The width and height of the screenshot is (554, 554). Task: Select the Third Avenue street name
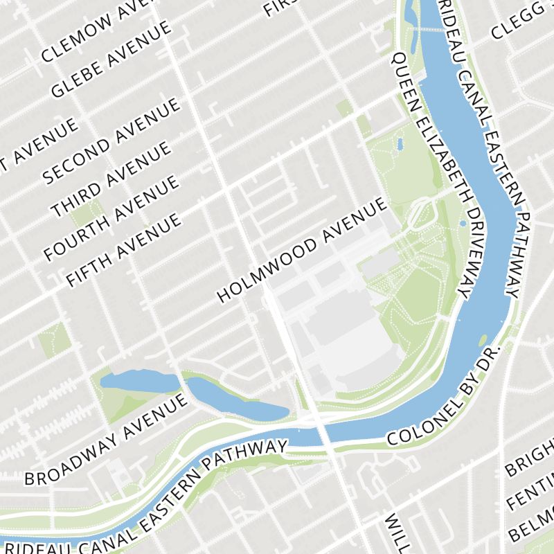pos(110,179)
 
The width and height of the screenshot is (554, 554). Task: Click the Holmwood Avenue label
pos(301,250)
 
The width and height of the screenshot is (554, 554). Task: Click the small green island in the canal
pos(483,340)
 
